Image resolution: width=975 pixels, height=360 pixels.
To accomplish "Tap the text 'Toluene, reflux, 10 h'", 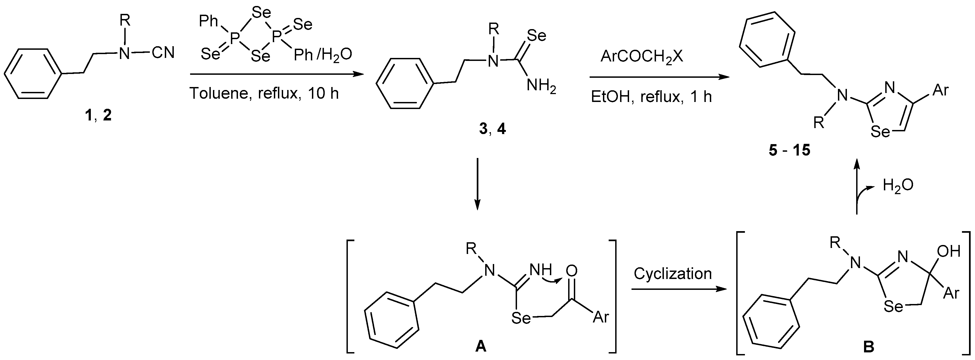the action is [264, 93].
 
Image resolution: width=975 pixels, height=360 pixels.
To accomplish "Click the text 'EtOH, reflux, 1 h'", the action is [651, 97].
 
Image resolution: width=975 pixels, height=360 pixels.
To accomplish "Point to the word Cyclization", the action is [673, 274].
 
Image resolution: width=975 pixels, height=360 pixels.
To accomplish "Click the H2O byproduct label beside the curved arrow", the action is [898, 185].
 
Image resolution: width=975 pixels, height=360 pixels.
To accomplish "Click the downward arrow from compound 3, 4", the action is [478, 184].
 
